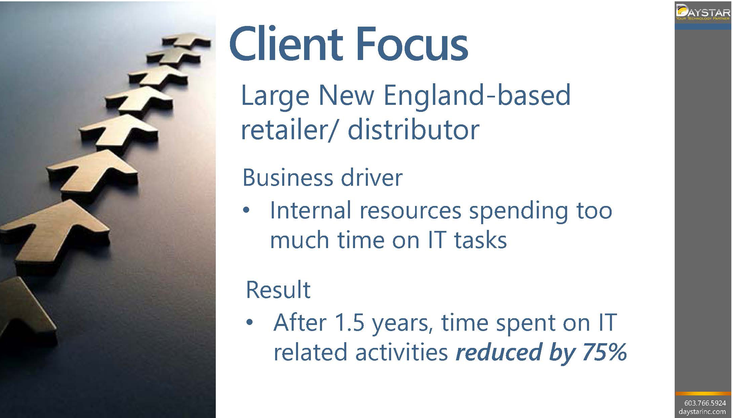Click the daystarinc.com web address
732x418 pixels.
point(702,412)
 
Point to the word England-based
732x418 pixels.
point(477,96)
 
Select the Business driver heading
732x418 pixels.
point(322,177)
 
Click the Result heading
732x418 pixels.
point(278,290)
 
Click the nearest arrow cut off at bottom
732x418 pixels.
point(27,312)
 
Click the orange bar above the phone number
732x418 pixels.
point(703,393)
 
